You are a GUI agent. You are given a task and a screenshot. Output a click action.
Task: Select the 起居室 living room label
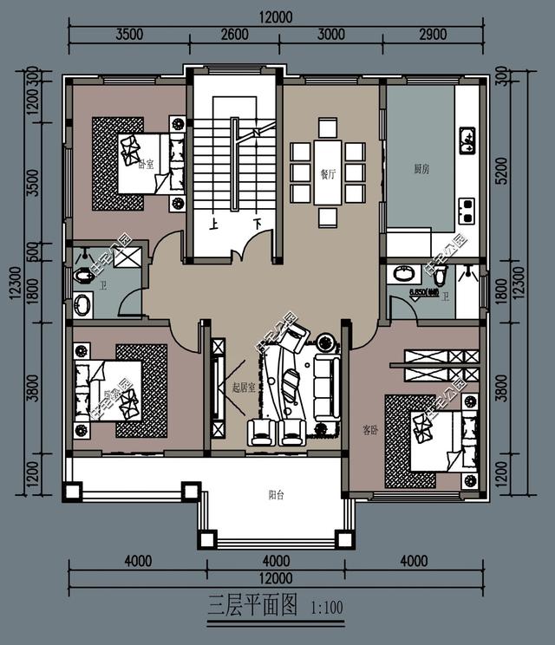point(244,388)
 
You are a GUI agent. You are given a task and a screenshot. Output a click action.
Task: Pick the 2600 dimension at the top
point(234,35)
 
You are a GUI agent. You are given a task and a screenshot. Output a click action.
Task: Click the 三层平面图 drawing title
point(251,604)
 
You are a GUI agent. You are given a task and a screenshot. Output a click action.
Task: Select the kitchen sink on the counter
point(467,140)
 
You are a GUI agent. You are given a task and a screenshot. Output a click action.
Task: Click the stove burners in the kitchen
point(467,205)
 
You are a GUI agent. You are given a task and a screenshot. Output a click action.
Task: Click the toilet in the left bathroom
point(84,276)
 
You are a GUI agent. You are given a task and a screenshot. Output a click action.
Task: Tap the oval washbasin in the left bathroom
point(83,305)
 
